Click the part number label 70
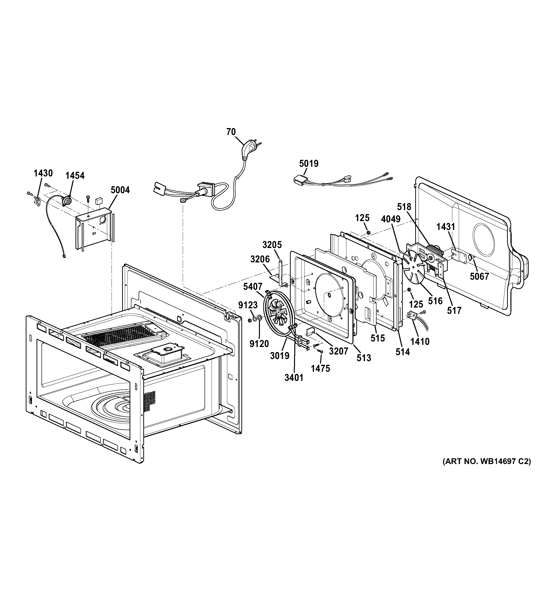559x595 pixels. point(231,132)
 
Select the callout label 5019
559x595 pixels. point(309,164)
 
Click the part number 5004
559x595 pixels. point(120,190)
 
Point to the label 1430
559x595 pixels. point(43,173)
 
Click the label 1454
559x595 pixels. point(75,175)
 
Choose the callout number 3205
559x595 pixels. point(272,245)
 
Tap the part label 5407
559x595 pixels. point(253,287)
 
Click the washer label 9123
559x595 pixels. point(248,305)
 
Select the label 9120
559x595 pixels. point(259,344)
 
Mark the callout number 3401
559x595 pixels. point(294,378)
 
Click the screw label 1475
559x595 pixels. point(320,368)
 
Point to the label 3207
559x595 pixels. point(339,351)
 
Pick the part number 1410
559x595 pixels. point(420,341)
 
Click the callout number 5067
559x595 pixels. point(479,276)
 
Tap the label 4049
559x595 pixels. point(391,219)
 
